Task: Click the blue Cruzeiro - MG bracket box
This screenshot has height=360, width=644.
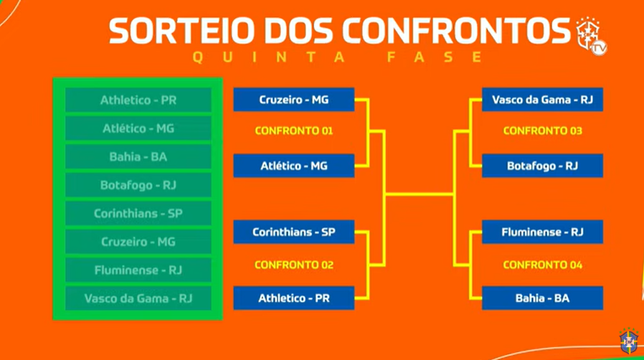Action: pos(293,100)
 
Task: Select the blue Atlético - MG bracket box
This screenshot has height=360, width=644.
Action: pos(293,166)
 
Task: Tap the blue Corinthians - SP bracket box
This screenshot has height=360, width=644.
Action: pos(293,232)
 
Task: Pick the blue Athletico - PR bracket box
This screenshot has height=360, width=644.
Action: pos(293,298)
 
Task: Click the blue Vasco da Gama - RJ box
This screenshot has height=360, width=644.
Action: pos(542,100)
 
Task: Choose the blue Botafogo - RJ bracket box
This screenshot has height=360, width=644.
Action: pos(542,166)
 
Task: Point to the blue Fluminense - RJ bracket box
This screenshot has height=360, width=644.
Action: pos(542,232)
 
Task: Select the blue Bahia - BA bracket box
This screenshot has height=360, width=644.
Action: pos(542,298)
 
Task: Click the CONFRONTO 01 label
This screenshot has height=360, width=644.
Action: pos(293,131)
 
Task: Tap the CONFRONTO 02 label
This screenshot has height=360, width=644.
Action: pos(293,265)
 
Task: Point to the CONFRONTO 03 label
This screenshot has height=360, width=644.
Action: pos(543,131)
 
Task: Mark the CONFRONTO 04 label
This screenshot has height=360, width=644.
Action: pos(543,265)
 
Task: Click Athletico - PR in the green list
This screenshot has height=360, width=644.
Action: pos(138,100)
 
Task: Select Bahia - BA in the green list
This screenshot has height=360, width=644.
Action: pos(138,157)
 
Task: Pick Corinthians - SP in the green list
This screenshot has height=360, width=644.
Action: pos(138,214)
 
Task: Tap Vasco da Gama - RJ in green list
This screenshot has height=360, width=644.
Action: pos(138,298)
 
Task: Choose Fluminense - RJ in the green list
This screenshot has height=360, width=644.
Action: pos(138,270)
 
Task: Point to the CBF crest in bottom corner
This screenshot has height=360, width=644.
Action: pos(628,341)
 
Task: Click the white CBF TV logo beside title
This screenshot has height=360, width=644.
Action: pos(591,36)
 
